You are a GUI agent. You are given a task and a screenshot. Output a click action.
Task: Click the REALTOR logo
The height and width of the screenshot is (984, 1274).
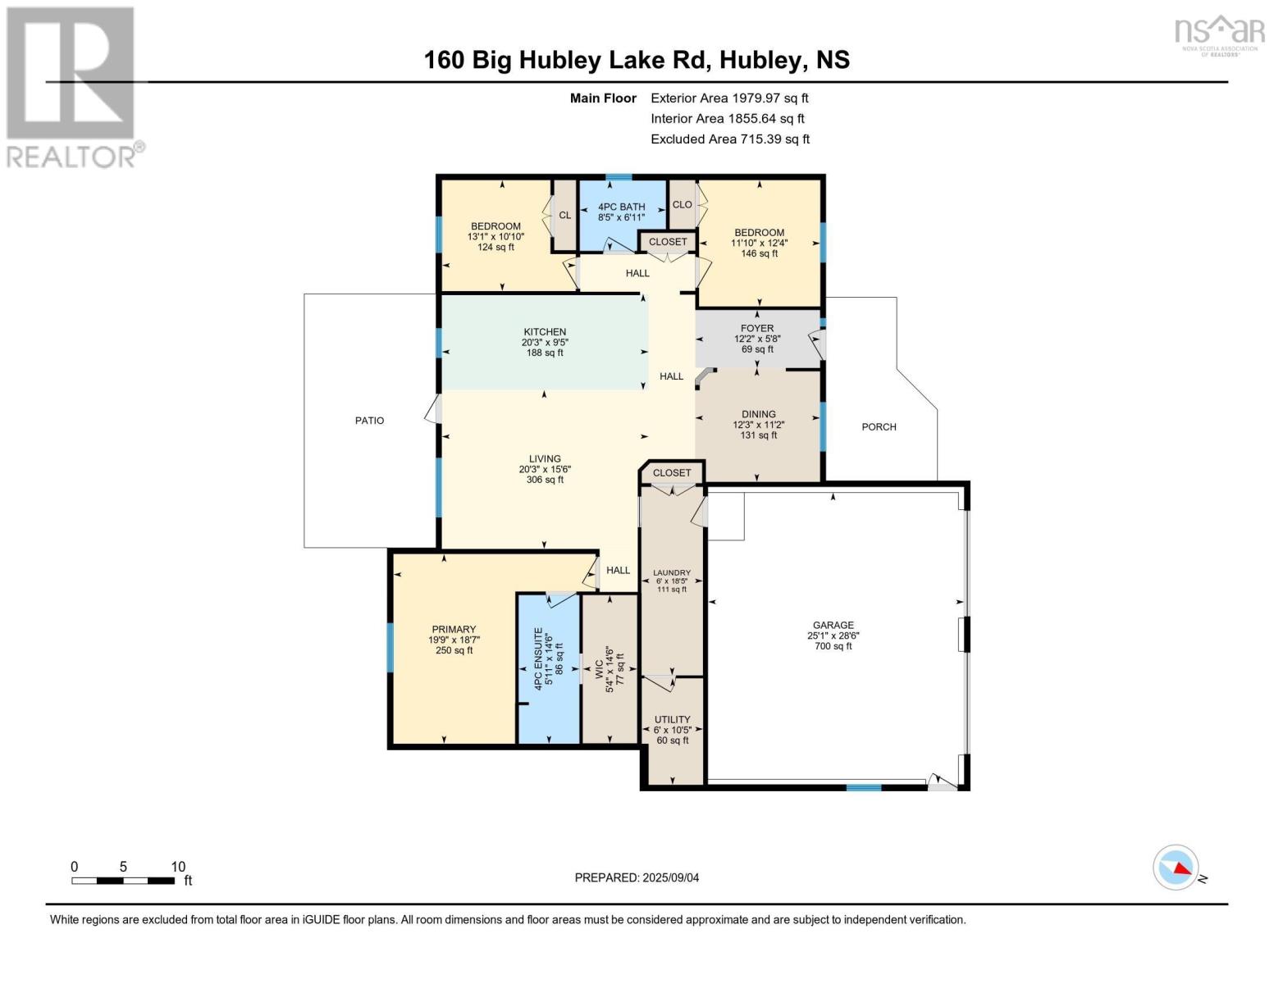(72, 86)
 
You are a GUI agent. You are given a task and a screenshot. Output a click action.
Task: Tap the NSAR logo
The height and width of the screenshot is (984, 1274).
(1220, 34)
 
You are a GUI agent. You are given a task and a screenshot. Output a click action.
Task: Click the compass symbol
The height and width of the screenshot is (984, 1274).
(1176, 868)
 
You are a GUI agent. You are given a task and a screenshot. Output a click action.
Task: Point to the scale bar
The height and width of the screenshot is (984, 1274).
(123, 881)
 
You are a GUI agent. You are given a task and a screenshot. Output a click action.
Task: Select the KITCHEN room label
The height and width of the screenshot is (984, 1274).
(545, 332)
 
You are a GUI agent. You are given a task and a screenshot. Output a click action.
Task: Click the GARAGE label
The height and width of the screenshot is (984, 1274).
(833, 625)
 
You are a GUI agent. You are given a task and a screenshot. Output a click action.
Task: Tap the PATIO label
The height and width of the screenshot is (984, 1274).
(369, 421)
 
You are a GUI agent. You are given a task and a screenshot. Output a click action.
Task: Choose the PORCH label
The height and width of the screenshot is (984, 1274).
(879, 427)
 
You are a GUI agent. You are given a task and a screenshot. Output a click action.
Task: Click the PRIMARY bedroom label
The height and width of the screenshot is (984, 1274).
(454, 630)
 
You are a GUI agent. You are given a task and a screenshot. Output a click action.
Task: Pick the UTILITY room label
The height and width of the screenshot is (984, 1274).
(672, 719)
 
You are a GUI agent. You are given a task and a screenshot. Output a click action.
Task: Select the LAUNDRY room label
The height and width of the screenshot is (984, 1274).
(672, 573)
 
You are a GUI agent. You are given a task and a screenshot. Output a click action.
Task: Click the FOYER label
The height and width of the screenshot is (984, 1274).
(757, 328)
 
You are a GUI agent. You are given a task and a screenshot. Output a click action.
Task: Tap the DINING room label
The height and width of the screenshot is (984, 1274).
(758, 414)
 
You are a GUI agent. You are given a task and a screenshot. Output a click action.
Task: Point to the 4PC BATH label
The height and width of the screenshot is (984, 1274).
(621, 207)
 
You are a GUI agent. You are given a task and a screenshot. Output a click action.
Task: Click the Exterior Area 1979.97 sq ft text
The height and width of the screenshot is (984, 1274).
(729, 98)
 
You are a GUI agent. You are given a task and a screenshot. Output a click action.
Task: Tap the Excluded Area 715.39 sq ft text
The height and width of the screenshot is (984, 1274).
(730, 139)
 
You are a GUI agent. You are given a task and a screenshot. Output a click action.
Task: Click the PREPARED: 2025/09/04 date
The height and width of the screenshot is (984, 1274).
(637, 877)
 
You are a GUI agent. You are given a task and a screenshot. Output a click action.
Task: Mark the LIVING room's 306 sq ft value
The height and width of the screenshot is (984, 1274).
(545, 480)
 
